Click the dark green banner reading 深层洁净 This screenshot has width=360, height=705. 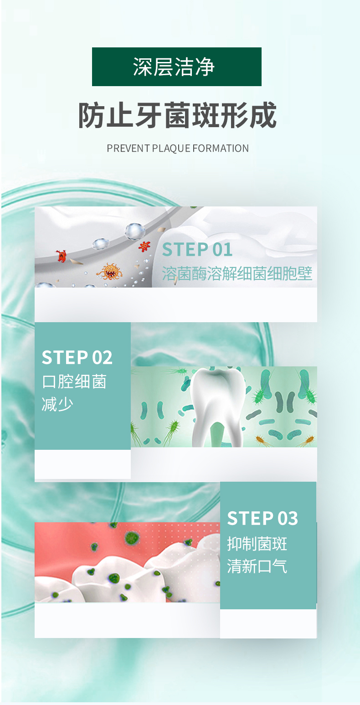tap(176, 67)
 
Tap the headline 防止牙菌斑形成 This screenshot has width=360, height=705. tap(177, 115)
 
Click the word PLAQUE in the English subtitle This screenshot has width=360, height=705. tap(171, 148)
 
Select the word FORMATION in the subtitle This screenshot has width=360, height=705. tap(221, 148)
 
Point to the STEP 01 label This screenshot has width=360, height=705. tap(197, 250)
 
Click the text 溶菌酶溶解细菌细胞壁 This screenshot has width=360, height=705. tap(237, 273)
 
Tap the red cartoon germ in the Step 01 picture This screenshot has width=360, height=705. tap(62, 256)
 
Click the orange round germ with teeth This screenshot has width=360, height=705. tap(110, 271)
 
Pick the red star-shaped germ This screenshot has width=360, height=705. tap(144, 246)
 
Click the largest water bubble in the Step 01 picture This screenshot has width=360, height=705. tap(135, 232)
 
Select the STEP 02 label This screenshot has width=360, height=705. tap(77, 358)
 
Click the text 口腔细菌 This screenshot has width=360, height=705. tap(74, 381)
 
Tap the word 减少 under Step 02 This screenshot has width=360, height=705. tap(57, 404)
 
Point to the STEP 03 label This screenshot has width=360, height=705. tap(262, 518)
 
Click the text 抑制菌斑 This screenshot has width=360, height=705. tap(257, 544)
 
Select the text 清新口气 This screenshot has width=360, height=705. tap(257, 566)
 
